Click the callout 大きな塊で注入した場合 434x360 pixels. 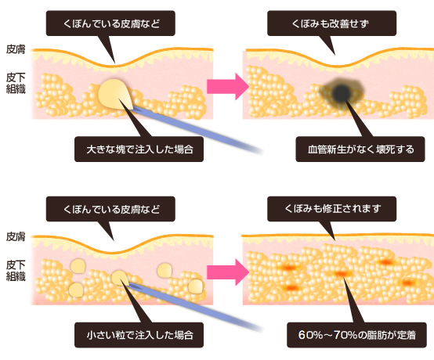point(139,149)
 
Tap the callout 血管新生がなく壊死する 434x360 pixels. point(360,149)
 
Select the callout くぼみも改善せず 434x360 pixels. point(331,23)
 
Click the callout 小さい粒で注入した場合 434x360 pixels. point(139,335)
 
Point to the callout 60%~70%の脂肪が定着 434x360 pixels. point(356,335)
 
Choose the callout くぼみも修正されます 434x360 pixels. point(331,209)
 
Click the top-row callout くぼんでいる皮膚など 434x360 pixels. point(110,23)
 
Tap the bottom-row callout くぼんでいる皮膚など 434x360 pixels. point(110,209)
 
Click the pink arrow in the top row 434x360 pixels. point(228,86)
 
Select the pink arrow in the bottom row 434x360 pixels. point(228,272)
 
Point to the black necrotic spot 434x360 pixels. point(342,92)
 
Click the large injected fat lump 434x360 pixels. point(114,94)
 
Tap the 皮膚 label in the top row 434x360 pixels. point(16,49)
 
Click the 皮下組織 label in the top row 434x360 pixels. point(16,83)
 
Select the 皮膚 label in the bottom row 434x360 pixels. point(16,236)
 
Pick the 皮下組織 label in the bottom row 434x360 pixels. point(16,271)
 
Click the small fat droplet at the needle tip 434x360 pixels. point(120,278)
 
